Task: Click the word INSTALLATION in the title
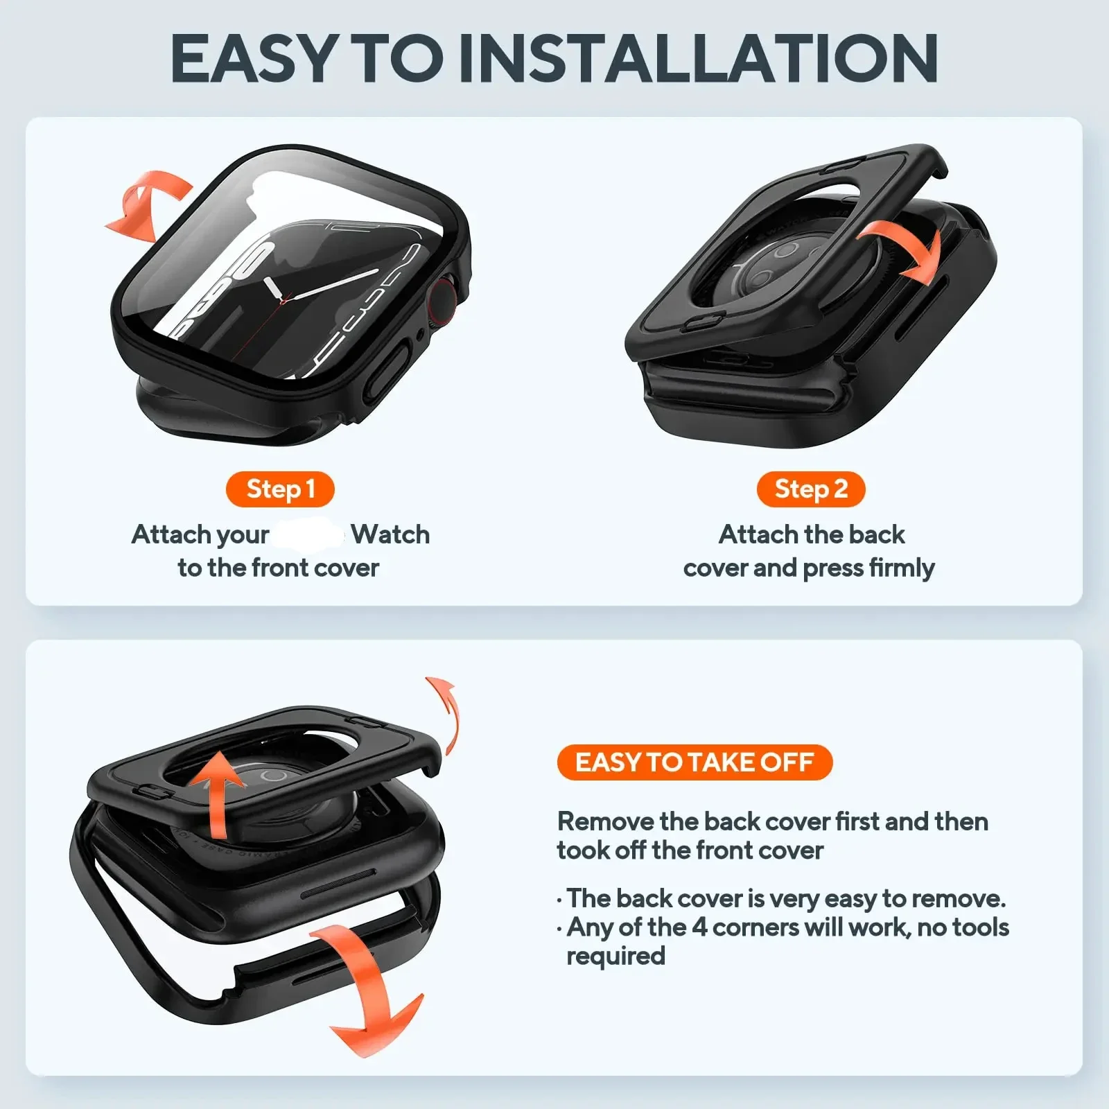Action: click(698, 58)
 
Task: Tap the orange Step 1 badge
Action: click(280, 489)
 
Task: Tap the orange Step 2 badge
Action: click(810, 489)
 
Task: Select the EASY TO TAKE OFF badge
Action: click(694, 762)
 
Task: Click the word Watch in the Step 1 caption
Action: click(390, 534)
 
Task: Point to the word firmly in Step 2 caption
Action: click(902, 568)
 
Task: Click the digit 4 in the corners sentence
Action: click(699, 927)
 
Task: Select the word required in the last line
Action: click(615, 957)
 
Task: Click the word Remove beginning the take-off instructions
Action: click(605, 822)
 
